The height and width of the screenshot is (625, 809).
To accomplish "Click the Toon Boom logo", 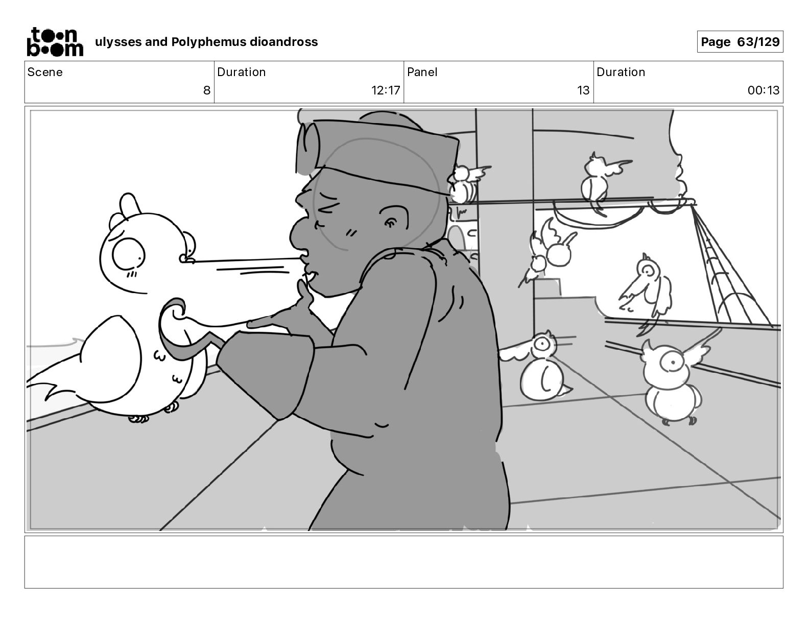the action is click(x=55, y=42).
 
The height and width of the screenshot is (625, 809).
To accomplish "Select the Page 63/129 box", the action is click(x=740, y=42).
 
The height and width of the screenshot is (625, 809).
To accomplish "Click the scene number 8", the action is click(x=207, y=90).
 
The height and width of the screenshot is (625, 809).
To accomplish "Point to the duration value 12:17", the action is click(x=385, y=90).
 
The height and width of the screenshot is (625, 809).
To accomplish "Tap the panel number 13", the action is click(x=583, y=90).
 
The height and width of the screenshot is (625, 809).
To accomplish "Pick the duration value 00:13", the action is click(x=763, y=90).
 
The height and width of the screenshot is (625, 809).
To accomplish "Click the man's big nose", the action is click(x=299, y=234).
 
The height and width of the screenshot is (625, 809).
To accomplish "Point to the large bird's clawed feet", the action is click(x=154, y=414).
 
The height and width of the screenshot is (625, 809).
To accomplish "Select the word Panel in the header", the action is click(x=422, y=72).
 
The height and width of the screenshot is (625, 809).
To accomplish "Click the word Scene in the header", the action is click(x=45, y=72).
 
